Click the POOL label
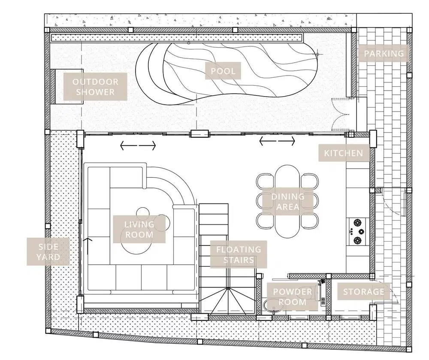click(x=223, y=71)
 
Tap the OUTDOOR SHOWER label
click(x=93, y=86)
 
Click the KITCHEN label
click(x=343, y=153)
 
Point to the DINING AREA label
click(x=288, y=202)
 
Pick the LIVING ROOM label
click(x=139, y=229)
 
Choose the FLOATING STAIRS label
click(x=239, y=254)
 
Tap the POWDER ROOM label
click(x=293, y=296)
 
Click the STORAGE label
click(x=363, y=292)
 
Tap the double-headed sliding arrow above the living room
click(x=138, y=146)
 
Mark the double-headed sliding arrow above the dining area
click(x=278, y=140)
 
